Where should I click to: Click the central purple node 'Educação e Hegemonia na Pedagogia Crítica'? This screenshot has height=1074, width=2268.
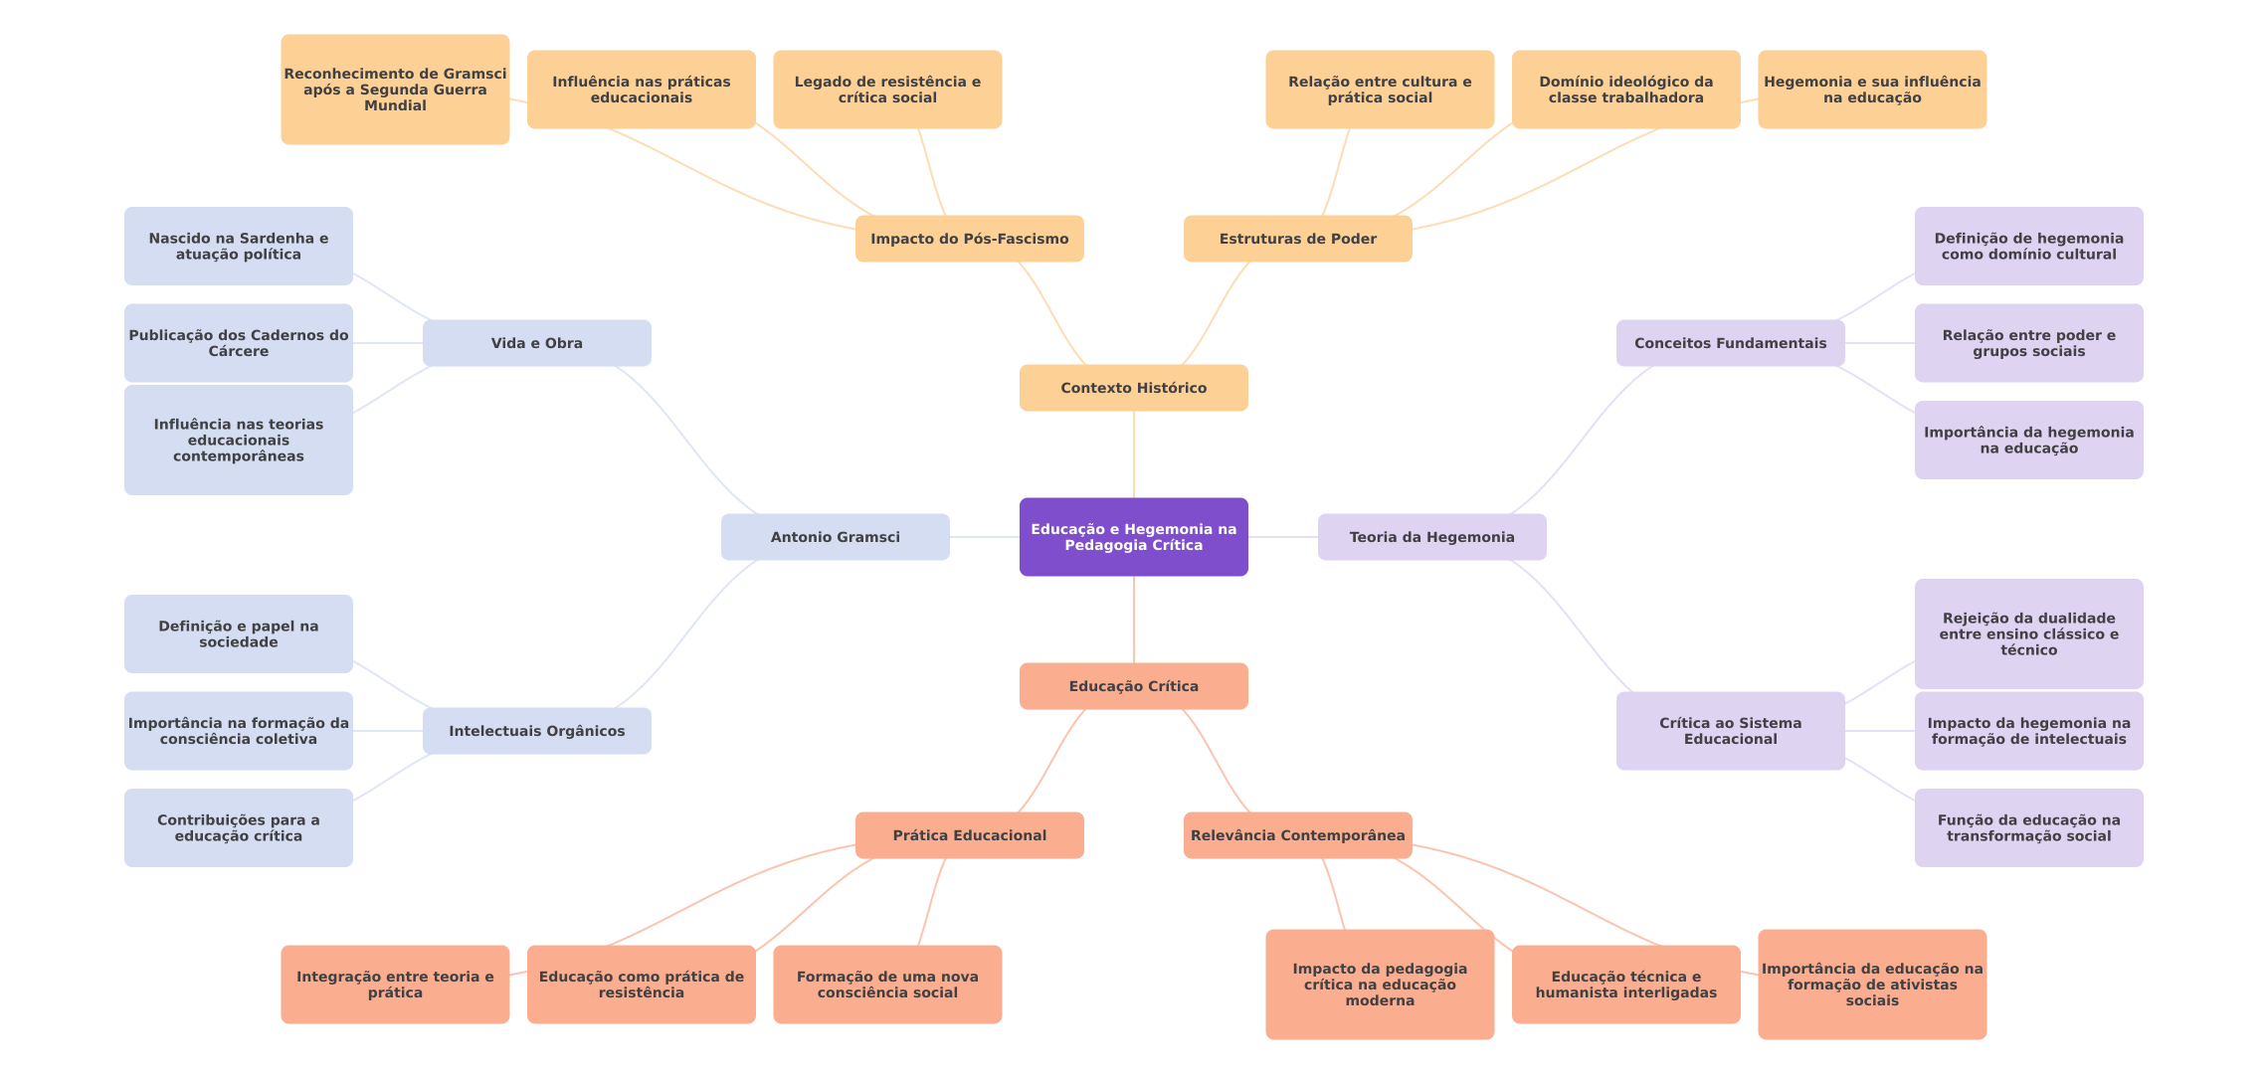point(1133,537)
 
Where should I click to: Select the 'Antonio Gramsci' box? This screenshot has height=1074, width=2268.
point(835,537)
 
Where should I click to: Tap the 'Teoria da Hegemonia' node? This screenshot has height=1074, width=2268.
point(1431,537)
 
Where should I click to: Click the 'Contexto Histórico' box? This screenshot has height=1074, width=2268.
point(1133,388)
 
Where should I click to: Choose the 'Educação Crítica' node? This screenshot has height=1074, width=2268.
point(1133,686)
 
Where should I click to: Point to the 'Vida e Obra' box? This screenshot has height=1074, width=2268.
point(536,343)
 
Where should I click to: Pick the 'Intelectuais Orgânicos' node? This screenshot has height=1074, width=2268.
point(536,731)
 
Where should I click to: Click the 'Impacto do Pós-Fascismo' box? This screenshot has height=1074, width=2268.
point(969,239)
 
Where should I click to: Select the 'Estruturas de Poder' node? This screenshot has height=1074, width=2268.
point(1297,239)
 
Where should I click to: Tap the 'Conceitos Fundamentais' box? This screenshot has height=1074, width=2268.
point(1730,343)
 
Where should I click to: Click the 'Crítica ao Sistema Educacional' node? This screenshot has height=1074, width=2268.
point(1730,731)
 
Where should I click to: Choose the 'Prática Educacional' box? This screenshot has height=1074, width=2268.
point(969,835)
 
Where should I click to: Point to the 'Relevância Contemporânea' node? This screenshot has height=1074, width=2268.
point(1297,835)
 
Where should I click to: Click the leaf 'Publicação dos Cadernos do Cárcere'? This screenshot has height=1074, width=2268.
point(238,343)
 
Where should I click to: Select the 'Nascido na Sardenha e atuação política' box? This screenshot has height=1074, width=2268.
point(238,246)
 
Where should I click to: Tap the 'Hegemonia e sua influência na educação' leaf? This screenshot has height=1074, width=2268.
point(1871,89)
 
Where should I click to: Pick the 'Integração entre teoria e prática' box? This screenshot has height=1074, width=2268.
point(395,984)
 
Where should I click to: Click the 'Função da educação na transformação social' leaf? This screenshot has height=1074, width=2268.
point(2028,827)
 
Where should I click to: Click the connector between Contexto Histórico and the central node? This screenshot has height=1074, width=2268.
point(1134,454)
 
